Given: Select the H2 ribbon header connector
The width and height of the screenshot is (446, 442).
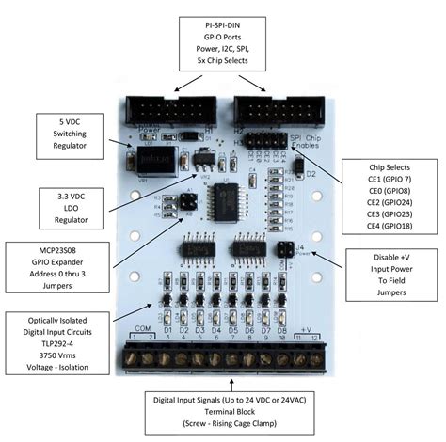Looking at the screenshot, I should click(x=266, y=110).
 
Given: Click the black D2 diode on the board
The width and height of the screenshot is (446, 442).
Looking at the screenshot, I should click(x=297, y=165).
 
